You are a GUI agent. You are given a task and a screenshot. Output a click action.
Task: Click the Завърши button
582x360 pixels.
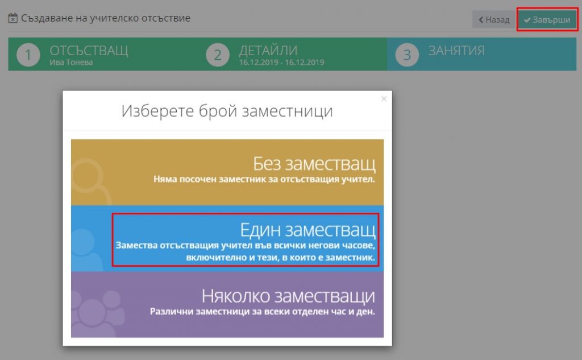pyautogui.click(x=547, y=20)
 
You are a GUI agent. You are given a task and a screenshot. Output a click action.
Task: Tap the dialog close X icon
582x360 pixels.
pyautogui.click(x=384, y=98)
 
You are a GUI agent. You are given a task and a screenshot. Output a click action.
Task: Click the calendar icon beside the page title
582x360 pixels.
pyautogui.click(x=13, y=18)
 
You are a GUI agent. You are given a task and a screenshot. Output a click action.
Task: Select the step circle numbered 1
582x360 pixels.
pyautogui.click(x=28, y=55)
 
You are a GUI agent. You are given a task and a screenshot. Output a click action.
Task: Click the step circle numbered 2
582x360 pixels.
pyautogui.click(x=218, y=55)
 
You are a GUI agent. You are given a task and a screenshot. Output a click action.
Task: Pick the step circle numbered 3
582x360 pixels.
pyautogui.click(x=407, y=55)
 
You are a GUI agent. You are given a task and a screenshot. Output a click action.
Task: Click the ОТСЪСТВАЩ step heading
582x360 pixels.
pyautogui.click(x=89, y=51)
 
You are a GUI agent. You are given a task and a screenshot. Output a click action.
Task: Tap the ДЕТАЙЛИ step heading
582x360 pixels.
pyautogui.click(x=268, y=50)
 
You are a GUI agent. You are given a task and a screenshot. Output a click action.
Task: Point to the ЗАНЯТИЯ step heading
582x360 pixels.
pyautogui.click(x=456, y=50)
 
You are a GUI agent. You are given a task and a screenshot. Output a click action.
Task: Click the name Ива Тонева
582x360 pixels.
pyautogui.click(x=71, y=63)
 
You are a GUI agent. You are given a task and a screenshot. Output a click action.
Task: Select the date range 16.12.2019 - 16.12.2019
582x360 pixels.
pyautogui.click(x=281, y=63)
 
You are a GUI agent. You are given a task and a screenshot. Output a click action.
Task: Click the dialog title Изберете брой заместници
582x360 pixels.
pyautogui.click(x=227, y=111)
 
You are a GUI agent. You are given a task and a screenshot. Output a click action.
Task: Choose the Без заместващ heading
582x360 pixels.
pyautogui.click(x=314, y=163)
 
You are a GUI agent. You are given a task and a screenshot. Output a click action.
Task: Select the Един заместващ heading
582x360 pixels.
pyautogui.click(x=307, y=230)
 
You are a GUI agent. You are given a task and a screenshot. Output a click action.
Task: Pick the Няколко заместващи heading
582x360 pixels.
pyautogui.click(x=288, y=296)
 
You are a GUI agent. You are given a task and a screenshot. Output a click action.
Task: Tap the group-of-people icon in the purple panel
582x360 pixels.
pyautogui.click(x=97, y=313)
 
